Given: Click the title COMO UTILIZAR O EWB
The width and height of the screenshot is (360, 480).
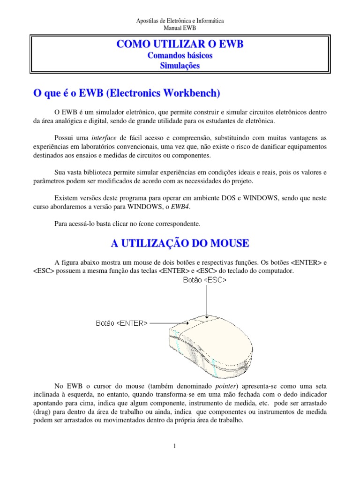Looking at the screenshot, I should (x=180, y=45).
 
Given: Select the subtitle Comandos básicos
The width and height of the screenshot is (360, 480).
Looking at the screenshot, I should (x=180, y=56).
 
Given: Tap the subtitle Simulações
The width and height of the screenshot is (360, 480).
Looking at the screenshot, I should (x=180, y=66).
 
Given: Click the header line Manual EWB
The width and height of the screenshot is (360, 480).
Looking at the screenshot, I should (x=180, y=28).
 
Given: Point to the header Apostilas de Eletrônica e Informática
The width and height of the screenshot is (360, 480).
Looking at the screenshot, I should (x=180, y=21).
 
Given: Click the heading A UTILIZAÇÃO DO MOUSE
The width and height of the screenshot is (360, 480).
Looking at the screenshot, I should (x=180, y=243).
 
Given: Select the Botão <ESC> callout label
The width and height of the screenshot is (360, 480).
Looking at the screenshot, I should (x=205, y=280).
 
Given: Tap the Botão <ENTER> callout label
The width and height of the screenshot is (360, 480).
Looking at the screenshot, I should (x=122, y=323).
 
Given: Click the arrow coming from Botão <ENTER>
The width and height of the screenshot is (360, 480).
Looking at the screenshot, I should (x=169, y=323).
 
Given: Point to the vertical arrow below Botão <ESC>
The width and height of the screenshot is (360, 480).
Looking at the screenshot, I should (x=205, y=300).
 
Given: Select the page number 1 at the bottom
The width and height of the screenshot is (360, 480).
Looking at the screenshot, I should (x=174, y=446).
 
